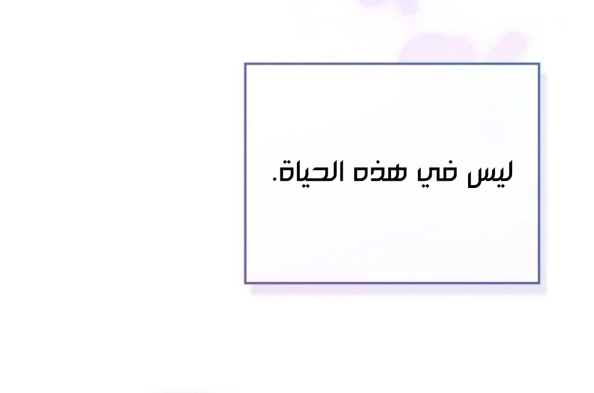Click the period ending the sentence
(x=274, y=181)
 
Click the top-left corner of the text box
(x=245, y=64)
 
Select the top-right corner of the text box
(x=539, y=64)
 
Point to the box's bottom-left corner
(x=245, y=283)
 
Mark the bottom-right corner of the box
(x=539, y=283)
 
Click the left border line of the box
(x=245, y=173)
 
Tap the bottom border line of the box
(x=392, y=283)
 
